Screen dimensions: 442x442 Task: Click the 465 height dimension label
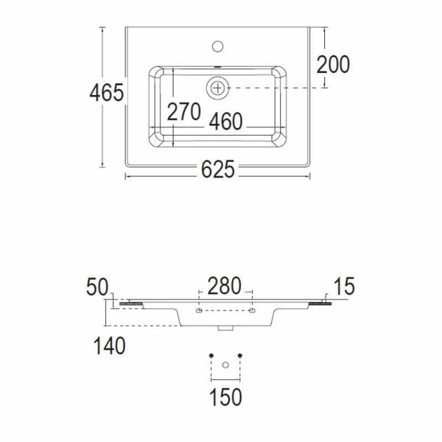tap(107, 93)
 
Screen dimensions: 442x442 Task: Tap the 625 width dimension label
tap(218, 169)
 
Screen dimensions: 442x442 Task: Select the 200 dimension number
tap(333, 65)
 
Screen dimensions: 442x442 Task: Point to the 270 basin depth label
tap(183, 112)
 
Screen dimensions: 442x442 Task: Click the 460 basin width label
tap(226, 122)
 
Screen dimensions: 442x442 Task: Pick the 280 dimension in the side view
tap(225, 286)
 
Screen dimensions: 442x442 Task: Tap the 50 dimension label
tap(97, 287)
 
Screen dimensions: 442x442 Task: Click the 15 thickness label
tap(344, 286)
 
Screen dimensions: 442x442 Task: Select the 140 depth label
tap(109, 346)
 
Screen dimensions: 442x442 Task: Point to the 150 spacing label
tap(225, 397)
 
